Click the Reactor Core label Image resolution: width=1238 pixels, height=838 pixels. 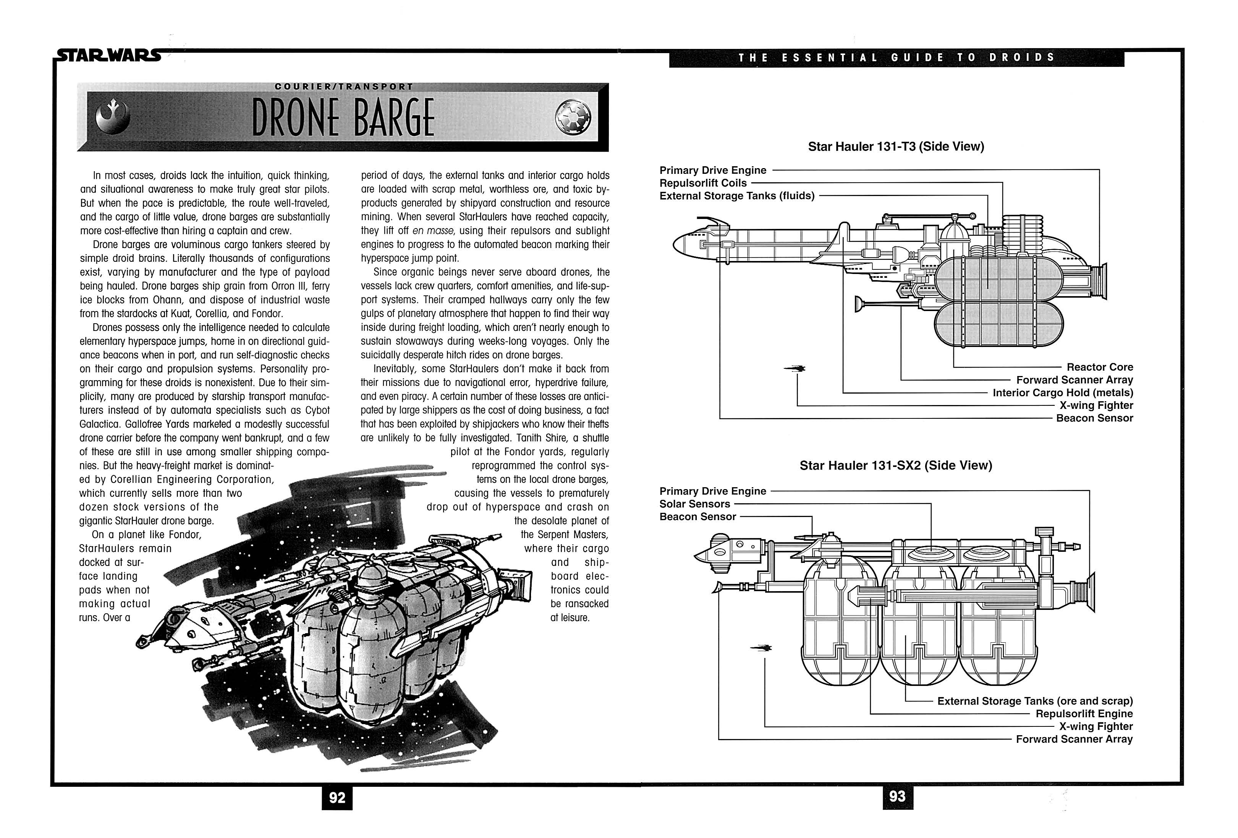[1099, 367]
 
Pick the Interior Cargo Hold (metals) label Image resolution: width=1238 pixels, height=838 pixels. [1062, 392]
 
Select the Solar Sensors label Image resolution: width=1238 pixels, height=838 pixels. [695, 504]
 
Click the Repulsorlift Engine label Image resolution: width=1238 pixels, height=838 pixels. [1084, 714]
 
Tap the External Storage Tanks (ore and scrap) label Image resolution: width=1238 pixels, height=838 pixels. [1034, 701]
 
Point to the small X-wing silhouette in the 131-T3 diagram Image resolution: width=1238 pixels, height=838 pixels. [795, 368]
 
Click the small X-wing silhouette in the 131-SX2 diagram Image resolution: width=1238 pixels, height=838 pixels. [761, 648]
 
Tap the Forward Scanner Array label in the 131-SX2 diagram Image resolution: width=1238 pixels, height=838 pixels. [1074, 739]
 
